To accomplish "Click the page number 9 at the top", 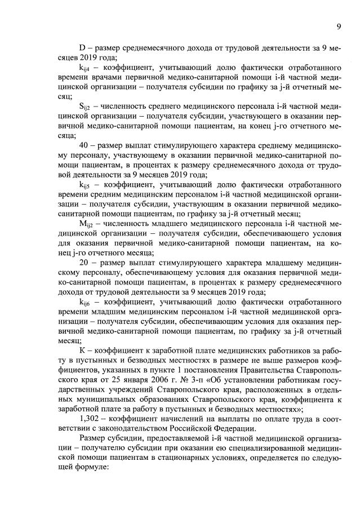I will pyautogui.click(x=339, y=26).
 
